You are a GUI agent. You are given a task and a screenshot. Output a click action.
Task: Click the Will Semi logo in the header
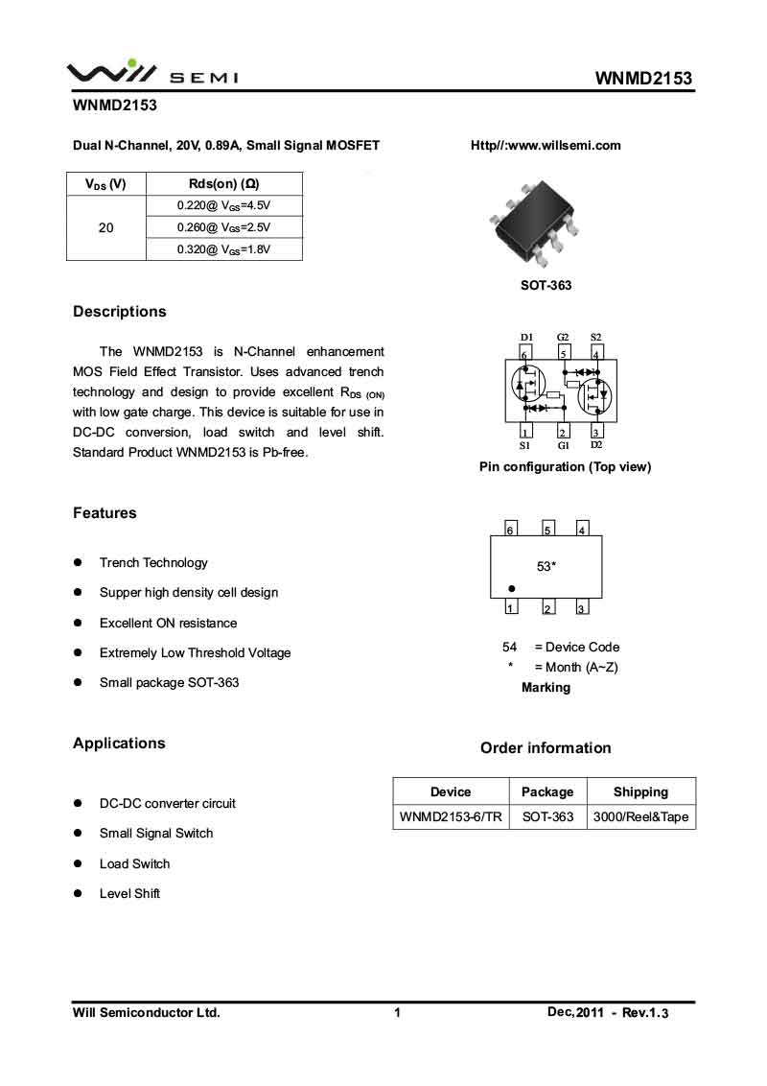(x=152, y=73)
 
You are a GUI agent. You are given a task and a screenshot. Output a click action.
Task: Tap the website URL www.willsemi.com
(x=546, y=146)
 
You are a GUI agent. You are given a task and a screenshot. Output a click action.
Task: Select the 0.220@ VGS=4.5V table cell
(x=224, y=205)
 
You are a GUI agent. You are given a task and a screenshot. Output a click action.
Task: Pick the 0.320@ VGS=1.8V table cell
(x=224, y=249)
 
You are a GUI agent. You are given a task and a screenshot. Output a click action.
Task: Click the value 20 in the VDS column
(x=105, y=227)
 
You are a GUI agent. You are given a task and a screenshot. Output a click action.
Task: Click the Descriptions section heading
(x=120, y=312)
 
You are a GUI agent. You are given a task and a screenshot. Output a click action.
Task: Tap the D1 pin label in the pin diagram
(x=526, y=338)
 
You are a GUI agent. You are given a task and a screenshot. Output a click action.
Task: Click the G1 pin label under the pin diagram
(x=564, y=446)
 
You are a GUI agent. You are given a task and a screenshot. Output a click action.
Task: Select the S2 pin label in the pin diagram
(x=595, y=338)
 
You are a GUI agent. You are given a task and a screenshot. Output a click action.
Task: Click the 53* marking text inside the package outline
(x=546, y=567)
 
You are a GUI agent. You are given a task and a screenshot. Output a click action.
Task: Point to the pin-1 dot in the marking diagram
(x=512, y=588)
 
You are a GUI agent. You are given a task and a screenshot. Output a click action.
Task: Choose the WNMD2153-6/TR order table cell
(x=451, y=817)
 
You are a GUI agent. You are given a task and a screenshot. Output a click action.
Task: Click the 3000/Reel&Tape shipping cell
(x=640, y=817)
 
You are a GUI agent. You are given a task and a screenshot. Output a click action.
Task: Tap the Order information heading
(x=546, y=748)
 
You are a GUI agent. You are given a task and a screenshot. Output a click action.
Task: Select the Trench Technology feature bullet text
(x=153, y=563)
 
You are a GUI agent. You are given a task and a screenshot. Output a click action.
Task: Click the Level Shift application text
(x=129, y=894)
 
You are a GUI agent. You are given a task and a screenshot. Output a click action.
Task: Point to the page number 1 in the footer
(x=397, y=1012)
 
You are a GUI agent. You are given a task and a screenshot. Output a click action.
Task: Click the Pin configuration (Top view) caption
(x=565, y=467)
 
